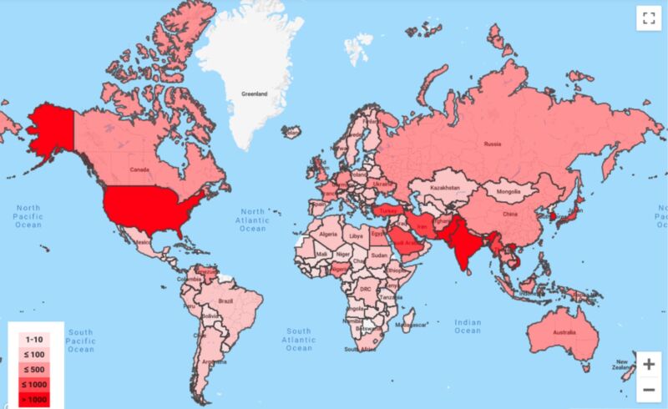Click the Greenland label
[x=254, y=94]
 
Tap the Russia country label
[x=492, y=144]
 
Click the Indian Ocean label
[x=468, y=326]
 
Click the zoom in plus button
[x=649, y=364]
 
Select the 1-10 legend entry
[x=34, y=340]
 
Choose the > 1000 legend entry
[x=34, y=399]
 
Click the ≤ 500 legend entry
[x=34, y=370]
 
